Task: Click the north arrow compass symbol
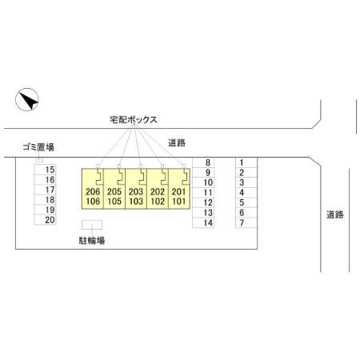coord(27,99)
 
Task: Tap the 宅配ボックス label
coord(134,119)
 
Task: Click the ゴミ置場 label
coord(38,147)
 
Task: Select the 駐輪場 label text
coord(92,241)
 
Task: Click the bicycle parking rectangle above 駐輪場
coord(92,225)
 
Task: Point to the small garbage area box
coord(39,160)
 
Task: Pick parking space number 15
coord(45,170)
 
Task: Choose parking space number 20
coord(45,220)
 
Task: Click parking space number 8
coord(203,162)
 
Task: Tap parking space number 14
coord(203,222)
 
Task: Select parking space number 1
coord(246,162)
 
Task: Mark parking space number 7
coord(246,222)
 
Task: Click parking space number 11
coord(203,193)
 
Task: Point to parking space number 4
coord(246,193)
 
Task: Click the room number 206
coord(93,191)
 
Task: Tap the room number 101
coord(179,202)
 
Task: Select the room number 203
coord(136,191)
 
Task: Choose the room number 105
coord(114,202)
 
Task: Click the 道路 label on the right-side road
coord(335,214)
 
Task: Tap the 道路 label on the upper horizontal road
coord(177,143)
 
